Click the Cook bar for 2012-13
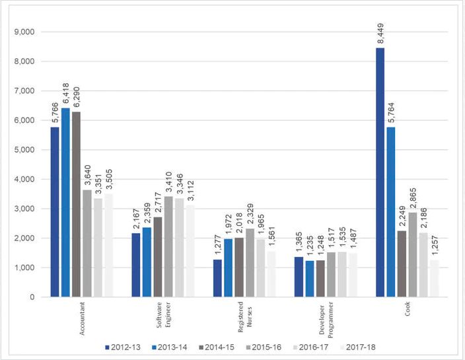tap(380, 172)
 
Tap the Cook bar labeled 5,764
tap(391, 211)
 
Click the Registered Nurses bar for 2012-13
tap(217, 278)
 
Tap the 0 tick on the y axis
tap(32, 297)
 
